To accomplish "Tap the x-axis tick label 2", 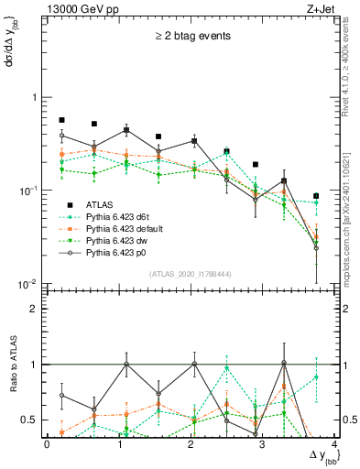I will (x=191, y=444).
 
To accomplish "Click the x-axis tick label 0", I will (x=47, y=444).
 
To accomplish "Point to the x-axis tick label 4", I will (x=333, y=444).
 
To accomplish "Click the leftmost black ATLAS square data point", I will (x=61, y=120).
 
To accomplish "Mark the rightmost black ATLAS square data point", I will (x=316, y=196).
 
